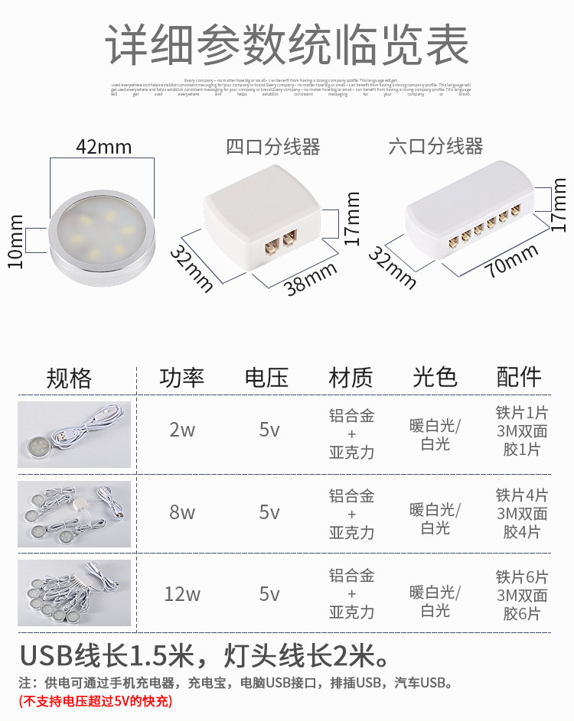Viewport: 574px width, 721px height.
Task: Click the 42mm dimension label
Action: pos(103,147)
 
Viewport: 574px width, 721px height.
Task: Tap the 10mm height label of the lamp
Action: pos(15,241)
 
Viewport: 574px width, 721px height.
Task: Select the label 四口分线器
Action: pos(272,147)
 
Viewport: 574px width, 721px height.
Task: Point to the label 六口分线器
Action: pos(435,146)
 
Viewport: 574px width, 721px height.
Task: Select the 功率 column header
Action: pos(182,378)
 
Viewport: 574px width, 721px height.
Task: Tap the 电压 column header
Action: pos(266,378)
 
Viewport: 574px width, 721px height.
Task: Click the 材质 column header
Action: pos(351,378)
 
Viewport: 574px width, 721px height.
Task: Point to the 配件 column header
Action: pos(519,377)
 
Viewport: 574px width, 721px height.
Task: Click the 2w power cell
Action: pos(182,430)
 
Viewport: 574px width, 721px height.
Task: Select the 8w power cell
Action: pos(182,512)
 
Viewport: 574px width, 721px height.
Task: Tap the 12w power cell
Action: pos(182,594)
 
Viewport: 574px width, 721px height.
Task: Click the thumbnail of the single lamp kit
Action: pos(74,434)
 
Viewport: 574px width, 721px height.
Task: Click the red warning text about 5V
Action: pos(96,700)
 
